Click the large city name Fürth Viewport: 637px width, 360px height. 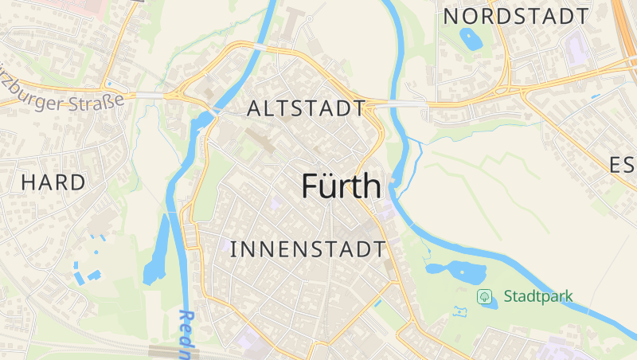pos(342,186)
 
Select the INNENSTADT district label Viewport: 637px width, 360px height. pos(307,249)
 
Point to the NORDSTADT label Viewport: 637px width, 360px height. pos(516,16)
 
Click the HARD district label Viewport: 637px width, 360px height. pos(53,182)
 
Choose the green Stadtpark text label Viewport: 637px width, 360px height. pos(537,296)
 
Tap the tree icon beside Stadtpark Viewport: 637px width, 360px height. pos(484,296)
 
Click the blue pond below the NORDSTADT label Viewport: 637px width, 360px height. pos(471,37)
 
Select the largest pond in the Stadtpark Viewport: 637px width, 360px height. pos(458,272)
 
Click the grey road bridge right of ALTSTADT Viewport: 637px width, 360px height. pos(398,104)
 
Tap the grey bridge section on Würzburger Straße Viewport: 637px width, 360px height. pos(149,96)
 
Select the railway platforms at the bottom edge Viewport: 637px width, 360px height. pos(175,351)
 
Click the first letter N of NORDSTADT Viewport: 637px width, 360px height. pos(451,16)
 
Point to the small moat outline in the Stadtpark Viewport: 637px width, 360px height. pos(459,311)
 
